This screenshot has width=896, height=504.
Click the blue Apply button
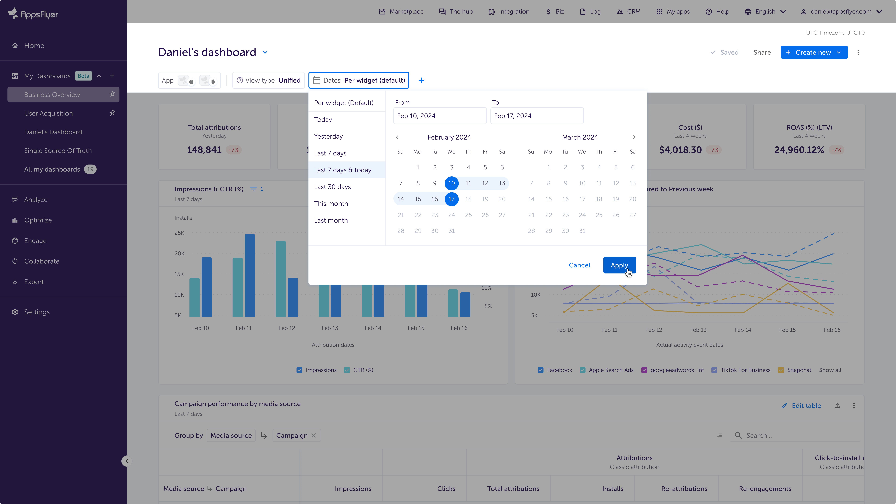point(619,265)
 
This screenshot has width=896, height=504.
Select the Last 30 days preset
point(332,187)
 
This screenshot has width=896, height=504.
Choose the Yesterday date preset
point(328,136)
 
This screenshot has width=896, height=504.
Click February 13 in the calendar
point(502,183)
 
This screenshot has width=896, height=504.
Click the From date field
point(440,116)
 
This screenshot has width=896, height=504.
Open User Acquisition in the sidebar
point(48,113)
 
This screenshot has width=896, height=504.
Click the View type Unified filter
point(269,80)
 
